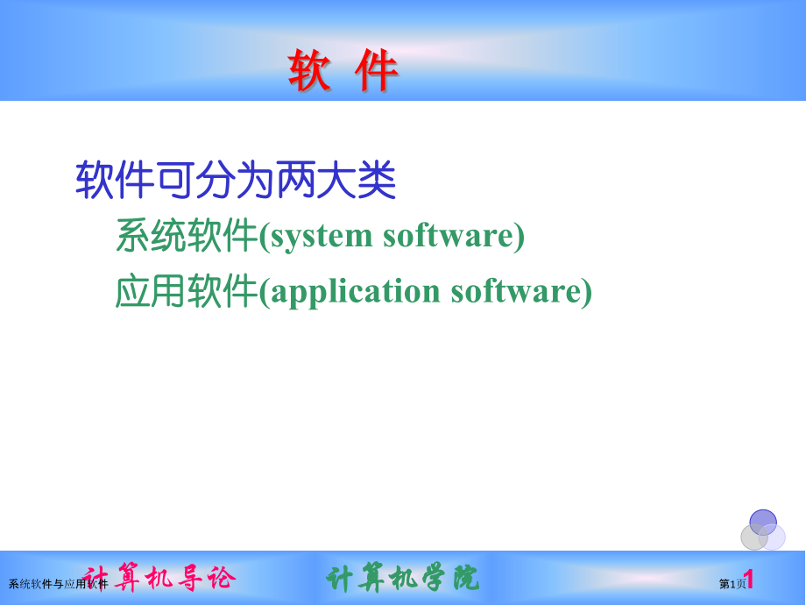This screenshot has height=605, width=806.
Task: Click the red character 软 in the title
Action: (x=310, y=71)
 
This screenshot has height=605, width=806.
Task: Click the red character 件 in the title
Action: (x=377, y=71)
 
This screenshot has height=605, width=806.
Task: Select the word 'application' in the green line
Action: (x=355, y=291)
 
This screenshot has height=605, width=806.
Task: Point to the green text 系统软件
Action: (x=187, y=236)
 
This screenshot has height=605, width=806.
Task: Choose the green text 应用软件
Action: (x=187, y=291)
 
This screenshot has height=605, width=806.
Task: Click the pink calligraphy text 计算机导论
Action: (x=159, y=578)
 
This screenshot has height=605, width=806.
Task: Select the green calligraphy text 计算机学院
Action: (x=403, y=578)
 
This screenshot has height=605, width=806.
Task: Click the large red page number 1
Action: (x=750, y=580)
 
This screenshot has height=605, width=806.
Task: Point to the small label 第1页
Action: (x=732, y=584)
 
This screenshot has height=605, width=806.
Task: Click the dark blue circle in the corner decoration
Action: (x=763, y=521)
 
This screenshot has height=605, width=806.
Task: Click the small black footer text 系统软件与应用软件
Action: (x=58, y=584)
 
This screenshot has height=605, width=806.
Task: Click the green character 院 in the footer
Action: (x=466, y=578)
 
